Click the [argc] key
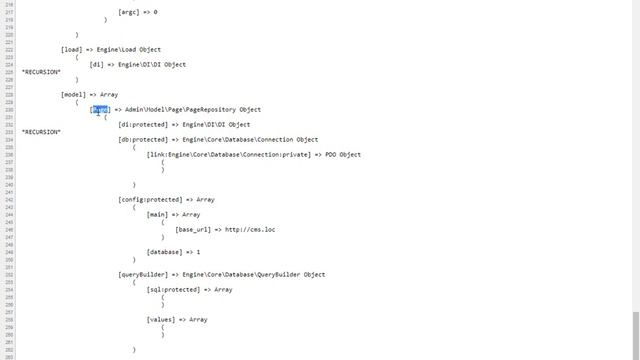point(132,12)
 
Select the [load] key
point(72,49)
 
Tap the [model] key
point(74,94)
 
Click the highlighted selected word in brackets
point(101,109)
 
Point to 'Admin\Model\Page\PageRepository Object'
point(193,109)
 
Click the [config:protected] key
point(151,199)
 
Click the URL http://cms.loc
point(250,229)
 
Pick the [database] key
point(166,252)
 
